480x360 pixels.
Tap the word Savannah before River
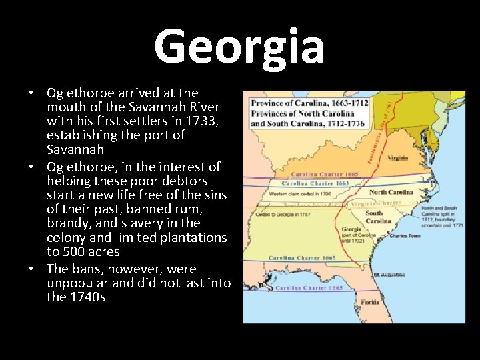[x=163, y=107]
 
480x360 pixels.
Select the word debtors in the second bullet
[x=184, y=180]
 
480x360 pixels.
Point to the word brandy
[x=69, y=223]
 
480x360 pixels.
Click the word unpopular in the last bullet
[x=75, y=283]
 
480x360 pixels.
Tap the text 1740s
[x=86, y=297]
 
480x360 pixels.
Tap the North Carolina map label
[x=391, y=192]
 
